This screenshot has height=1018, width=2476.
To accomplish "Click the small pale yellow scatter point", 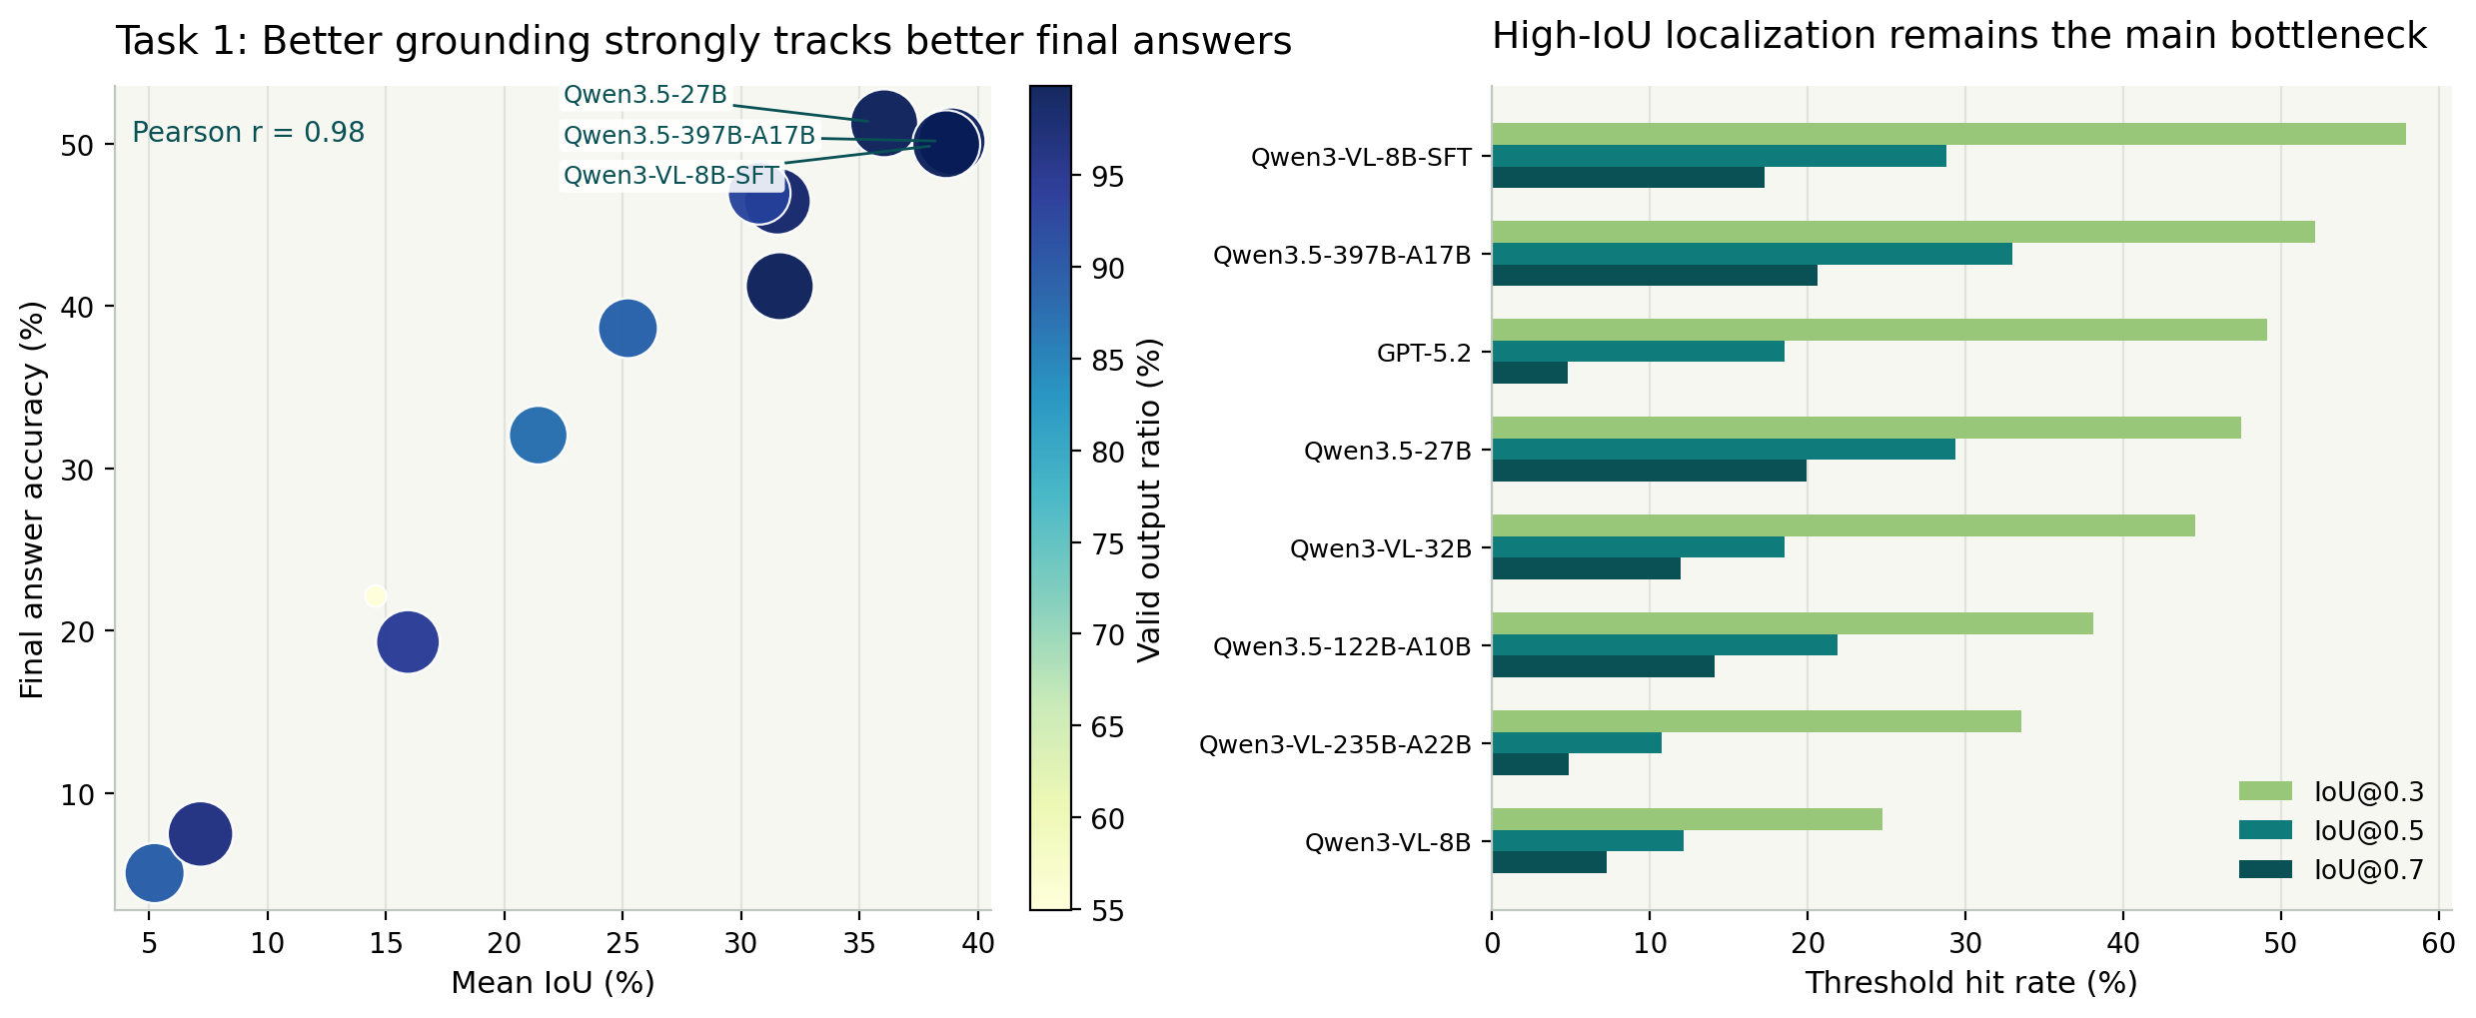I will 375,595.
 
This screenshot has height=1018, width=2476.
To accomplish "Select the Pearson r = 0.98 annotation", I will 248,133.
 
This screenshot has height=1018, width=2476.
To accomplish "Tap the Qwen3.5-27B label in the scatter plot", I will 644,95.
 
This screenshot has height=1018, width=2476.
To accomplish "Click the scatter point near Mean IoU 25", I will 627,328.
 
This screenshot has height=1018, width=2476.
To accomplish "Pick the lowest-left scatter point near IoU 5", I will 154,873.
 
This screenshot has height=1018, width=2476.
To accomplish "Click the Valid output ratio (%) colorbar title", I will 1150,500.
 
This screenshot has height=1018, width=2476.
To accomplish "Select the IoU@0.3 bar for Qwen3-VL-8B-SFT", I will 1948,134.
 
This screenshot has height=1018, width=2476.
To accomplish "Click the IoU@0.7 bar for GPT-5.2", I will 1530,374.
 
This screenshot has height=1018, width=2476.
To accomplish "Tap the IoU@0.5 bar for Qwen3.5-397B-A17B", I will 1752,254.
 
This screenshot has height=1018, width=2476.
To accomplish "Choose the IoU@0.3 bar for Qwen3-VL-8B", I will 1687,819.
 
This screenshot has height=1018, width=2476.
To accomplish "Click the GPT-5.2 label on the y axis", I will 1424,353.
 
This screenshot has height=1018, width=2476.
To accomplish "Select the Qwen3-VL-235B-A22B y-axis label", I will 1335,744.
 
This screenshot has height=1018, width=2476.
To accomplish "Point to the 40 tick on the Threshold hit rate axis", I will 2122,944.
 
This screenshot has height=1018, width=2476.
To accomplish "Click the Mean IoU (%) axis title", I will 553,983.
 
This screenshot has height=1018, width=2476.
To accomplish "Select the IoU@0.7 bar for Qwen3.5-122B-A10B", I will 1603,666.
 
